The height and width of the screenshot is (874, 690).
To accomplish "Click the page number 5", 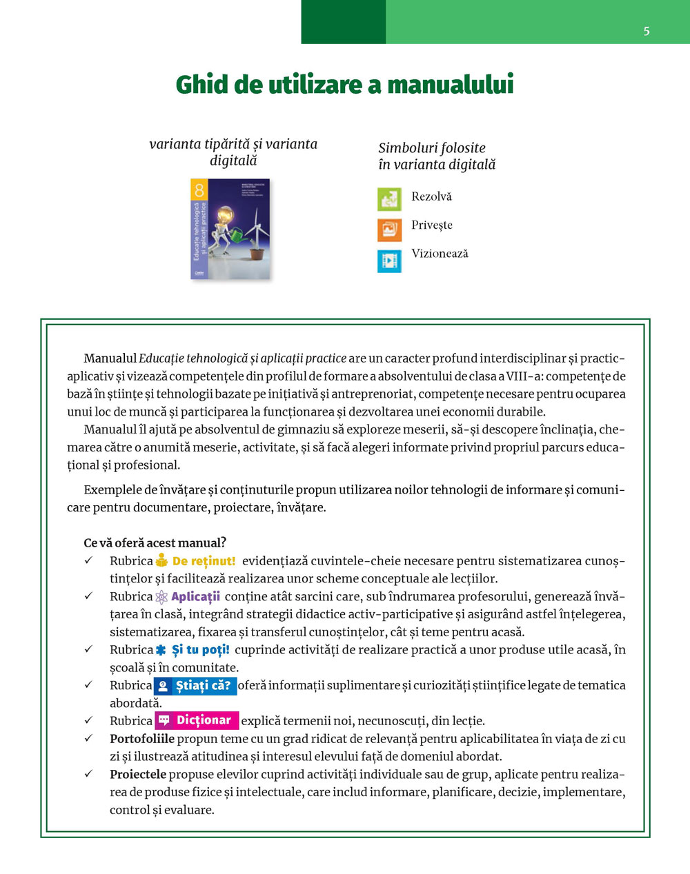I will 647,31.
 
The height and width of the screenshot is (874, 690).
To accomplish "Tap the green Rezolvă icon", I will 389,199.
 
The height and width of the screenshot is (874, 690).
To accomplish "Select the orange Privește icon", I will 389,230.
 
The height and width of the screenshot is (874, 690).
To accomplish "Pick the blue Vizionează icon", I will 389,261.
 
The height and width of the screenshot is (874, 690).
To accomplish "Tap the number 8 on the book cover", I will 199,190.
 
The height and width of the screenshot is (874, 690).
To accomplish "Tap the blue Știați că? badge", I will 195,686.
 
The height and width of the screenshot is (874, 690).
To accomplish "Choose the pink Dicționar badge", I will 197,720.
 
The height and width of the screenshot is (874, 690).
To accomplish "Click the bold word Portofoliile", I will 141,739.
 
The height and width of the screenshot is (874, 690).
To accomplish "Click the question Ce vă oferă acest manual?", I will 155,542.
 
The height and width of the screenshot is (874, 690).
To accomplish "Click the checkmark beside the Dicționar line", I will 88,720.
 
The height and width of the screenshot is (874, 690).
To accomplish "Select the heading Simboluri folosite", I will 432,148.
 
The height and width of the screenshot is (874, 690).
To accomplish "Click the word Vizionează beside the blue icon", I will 440,254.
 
